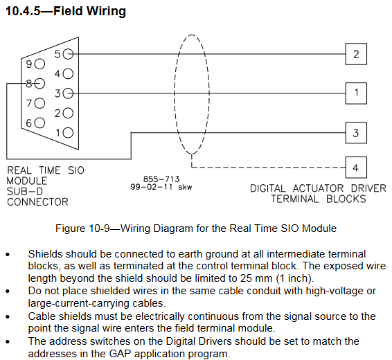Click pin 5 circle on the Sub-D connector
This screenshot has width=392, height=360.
[68, 54]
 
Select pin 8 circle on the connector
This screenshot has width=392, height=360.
[39, 84]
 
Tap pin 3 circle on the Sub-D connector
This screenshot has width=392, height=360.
[68, 93]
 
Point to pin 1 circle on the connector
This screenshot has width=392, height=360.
[68, 133]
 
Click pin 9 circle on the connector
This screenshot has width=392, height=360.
[39, 64]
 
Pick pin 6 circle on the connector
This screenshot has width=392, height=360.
[39, 123]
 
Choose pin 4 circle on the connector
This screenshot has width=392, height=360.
[68, 73]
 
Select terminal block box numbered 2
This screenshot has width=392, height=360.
[356, 54]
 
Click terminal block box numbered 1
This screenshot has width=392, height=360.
[356, 93]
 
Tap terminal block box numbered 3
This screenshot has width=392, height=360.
[356, 133]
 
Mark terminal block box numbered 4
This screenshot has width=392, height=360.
[356, 168]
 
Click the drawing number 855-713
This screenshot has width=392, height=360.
[161, 179]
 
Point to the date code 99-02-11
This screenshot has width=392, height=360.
[152, 187]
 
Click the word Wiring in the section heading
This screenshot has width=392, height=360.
[106, 12]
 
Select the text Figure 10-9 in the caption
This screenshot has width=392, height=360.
[82, 228]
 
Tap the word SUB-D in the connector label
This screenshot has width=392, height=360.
[25, 191]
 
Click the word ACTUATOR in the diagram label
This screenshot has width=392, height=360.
[319, 188]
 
